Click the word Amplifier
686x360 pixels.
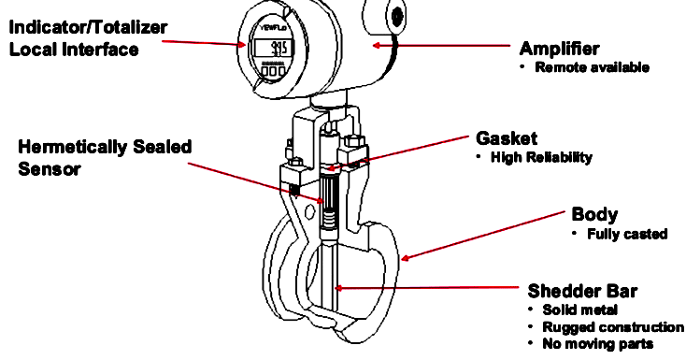click(x=559, y=49)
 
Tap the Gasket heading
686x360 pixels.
click(x=507, y=138)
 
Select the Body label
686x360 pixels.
click(x=594, y=215)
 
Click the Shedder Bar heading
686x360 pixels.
click(x=582, y=291)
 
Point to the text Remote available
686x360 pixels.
click(x=592, y=67)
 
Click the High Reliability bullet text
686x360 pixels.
click(x=542, y=157)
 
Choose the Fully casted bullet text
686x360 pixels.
click(x=627, y=234)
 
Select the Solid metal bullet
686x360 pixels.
click(x=579, y=310)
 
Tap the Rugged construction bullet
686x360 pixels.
click(x=613, y=327)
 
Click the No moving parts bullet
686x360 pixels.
click(x=597, y=344)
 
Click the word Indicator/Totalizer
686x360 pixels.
click(x=88, y=28)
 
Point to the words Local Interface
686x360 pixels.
click(x=74, y=49)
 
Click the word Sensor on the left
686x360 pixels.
click(x=50, y=168)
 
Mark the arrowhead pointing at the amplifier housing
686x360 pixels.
click(x=377, y=45)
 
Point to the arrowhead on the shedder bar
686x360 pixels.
click(x=338, y=288)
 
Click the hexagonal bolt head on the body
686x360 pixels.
click(x=310, y=212)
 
